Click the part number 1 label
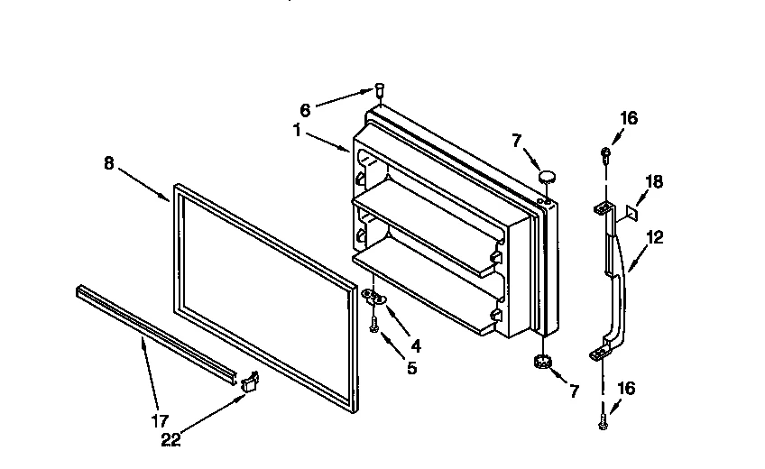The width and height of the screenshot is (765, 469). [x=296, y=129]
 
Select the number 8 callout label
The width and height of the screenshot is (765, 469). [x=109, y=163]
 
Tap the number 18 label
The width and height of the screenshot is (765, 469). [x=654, y=182]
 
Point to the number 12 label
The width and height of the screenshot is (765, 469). [x=655, y=237]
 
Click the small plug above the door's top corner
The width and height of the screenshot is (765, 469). [x=381, y=88]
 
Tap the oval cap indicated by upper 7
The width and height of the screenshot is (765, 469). [x=546, y=172]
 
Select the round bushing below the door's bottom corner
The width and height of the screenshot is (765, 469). [x=542, y=363]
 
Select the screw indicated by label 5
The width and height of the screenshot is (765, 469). [x=373, y=325]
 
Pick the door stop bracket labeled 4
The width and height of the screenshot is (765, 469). [x=374, y=297]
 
